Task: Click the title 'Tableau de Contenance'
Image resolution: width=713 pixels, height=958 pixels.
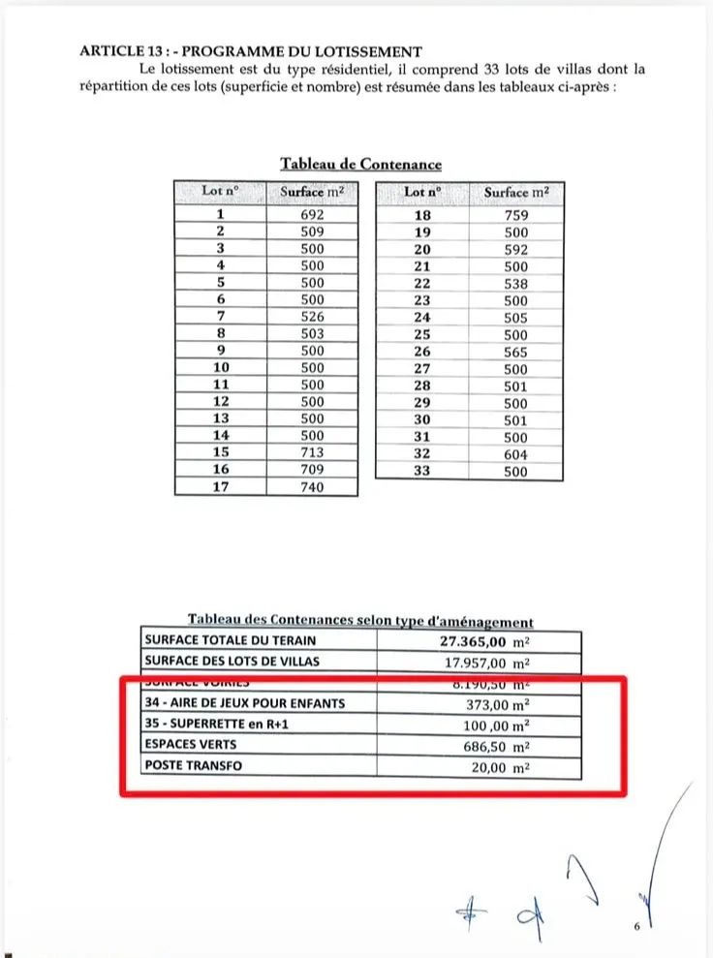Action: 360,164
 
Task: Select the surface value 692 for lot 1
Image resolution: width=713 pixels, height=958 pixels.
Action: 312,215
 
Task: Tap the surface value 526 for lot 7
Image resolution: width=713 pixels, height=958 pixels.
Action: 312,317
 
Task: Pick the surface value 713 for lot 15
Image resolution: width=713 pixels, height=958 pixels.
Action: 312,452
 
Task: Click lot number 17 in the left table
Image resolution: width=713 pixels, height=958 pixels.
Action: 220,487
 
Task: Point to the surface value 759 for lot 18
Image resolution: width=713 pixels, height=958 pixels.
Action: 516,216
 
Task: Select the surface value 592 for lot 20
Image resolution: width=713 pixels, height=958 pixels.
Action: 516,250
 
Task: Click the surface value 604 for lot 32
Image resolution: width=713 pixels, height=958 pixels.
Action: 516,454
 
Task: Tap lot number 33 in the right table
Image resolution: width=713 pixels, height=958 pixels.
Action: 422,472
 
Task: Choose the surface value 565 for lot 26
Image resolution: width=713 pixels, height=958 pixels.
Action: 516,353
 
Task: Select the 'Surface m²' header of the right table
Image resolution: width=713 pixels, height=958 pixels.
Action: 516,192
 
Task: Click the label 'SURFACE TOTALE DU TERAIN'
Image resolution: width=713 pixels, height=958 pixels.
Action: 230,640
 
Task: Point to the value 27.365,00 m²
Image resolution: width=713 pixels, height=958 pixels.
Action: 484,640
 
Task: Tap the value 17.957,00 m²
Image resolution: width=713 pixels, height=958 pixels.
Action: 484,663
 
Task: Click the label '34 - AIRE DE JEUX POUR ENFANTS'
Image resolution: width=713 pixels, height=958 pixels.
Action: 244,703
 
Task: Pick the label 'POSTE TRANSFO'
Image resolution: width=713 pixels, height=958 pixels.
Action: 194,766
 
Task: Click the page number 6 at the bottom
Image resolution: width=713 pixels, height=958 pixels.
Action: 637,927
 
